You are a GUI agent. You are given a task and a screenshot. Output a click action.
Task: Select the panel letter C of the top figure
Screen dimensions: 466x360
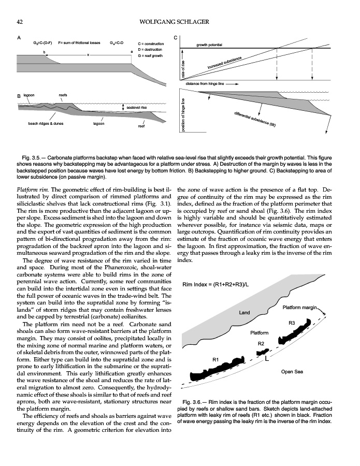point(175,38)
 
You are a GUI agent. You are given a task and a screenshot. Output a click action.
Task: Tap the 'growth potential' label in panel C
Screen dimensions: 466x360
point(209,45)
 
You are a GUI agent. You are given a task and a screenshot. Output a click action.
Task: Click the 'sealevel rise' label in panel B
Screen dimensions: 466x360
point(138,107)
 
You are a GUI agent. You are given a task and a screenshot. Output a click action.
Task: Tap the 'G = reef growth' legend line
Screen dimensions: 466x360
point(150,55)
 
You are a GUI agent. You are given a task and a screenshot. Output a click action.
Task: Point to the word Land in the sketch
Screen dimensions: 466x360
point(244,313)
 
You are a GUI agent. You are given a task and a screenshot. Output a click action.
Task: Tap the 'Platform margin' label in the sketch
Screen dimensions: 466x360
point(299,308)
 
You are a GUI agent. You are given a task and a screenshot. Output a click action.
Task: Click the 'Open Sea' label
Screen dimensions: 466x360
point(291,371)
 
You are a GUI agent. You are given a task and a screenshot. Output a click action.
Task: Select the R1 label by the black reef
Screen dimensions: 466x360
point(217,359)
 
